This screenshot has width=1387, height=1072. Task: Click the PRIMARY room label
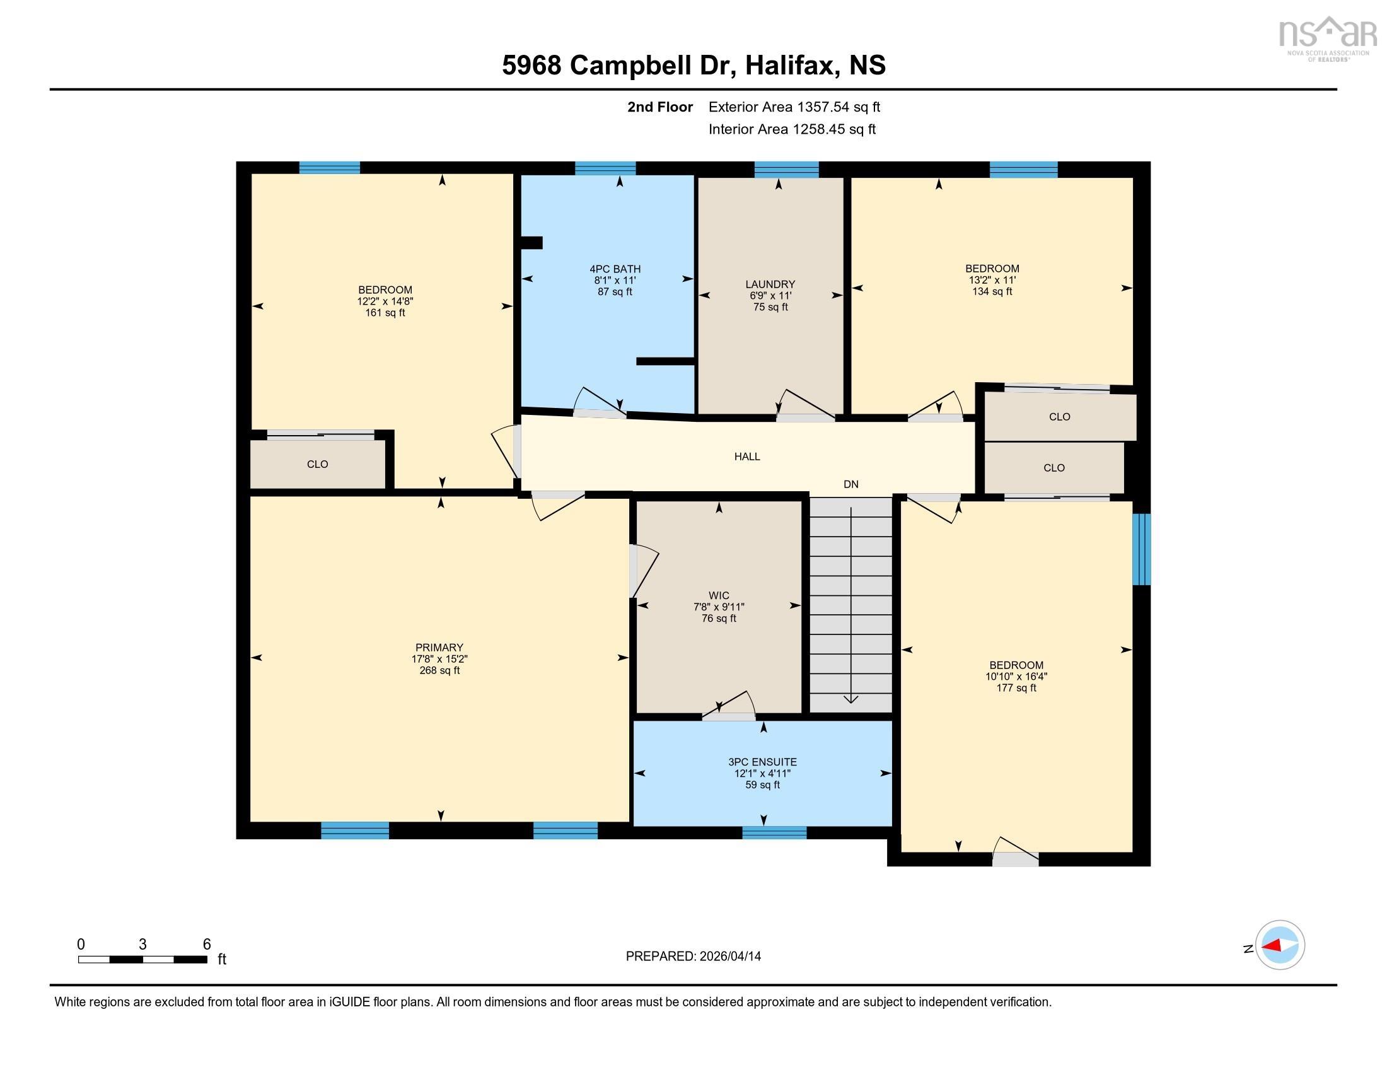click(x=439, y=648)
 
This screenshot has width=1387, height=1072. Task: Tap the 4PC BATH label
click(x=615, y=269)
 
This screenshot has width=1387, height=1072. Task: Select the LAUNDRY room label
click(x=770, y=284)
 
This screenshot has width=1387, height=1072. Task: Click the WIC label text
click(x=718, y=595)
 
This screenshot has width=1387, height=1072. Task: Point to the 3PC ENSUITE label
click(x=762, y=762)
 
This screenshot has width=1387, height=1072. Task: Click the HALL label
click(x=747, y=456)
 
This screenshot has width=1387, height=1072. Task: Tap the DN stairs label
click(x=850, y=484)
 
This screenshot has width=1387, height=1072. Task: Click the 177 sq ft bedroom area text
click(x=1016, y=688)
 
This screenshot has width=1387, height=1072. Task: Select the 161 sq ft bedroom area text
click(x=385, y=312)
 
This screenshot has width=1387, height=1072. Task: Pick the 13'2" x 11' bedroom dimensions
click(x=991, y=280)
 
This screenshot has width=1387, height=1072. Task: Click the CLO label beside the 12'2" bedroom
click(x=317, y=464)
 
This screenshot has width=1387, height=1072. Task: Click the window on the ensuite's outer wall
click(x=774, y=832)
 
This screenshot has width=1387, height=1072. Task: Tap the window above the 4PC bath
click(x=605, y=168)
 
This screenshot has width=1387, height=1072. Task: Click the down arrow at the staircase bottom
click(x=850, y=699)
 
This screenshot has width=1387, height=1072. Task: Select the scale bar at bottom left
click(x=143, y=959)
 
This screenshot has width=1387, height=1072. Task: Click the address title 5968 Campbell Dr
click(x=693, y=65)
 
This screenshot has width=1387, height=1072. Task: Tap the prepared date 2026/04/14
click(x=693, y=956)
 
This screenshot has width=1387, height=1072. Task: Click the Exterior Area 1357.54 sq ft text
click(x=794, y=107)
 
